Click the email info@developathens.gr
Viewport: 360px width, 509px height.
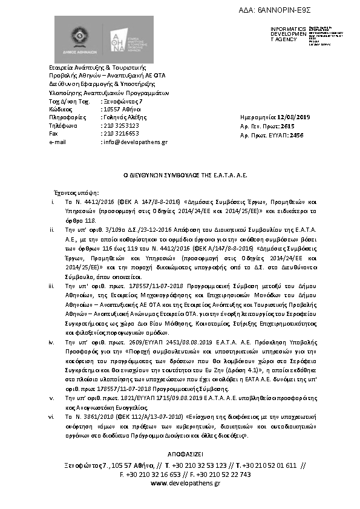(x=135, y=142)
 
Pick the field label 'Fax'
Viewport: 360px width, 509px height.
(x=53, y=133)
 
